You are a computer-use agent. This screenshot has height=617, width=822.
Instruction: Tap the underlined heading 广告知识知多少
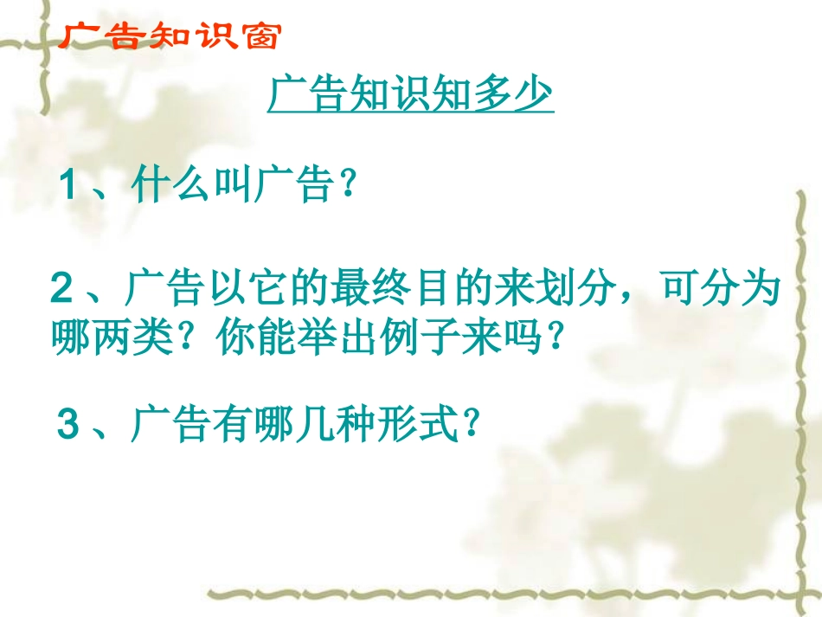pyautogui.click(x=410, y=95)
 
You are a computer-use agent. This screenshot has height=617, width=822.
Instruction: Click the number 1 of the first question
pyautogui.click(x=70, y=186)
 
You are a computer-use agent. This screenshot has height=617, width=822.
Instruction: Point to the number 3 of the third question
pyautogui.click(x=68, y=425)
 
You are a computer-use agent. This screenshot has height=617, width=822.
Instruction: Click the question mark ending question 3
pyautogui.click(x=472, y=425)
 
